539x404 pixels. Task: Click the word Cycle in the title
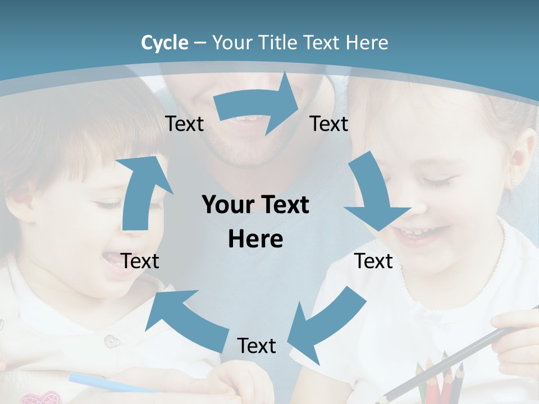pos(165,43)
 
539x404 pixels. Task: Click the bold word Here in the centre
pos(255,240)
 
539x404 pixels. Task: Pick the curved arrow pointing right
pos(258,104)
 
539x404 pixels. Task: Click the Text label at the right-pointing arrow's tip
pos(329,124)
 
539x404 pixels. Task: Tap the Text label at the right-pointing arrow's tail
pos(184,124)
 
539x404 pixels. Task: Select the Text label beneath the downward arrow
pos(373,261)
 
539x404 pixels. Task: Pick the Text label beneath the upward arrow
pos(140,261)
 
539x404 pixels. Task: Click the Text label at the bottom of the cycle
pos(257,346)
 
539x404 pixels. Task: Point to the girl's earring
pos(513,182)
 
